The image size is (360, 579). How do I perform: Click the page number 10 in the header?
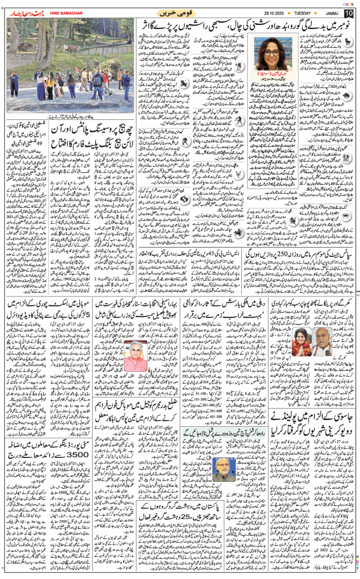(x=348, y=12)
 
